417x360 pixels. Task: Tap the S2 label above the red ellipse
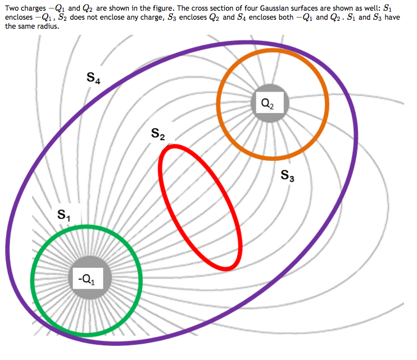point(158,134)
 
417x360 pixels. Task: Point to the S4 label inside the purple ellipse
point(94,79)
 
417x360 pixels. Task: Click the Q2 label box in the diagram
point(268,103)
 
